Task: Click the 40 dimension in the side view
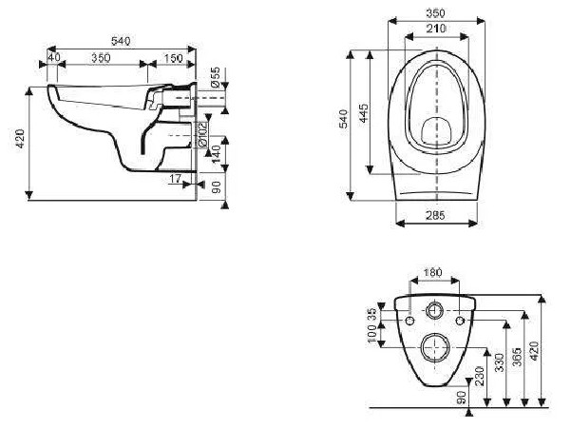54,58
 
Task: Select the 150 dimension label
173,58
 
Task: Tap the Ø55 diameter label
216,77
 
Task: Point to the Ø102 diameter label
202,134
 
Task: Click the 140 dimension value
216,154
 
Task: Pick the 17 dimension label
176,179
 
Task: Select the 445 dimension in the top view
363,113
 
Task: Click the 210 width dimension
436,29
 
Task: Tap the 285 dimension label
435,215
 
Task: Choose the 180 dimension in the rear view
433,272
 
